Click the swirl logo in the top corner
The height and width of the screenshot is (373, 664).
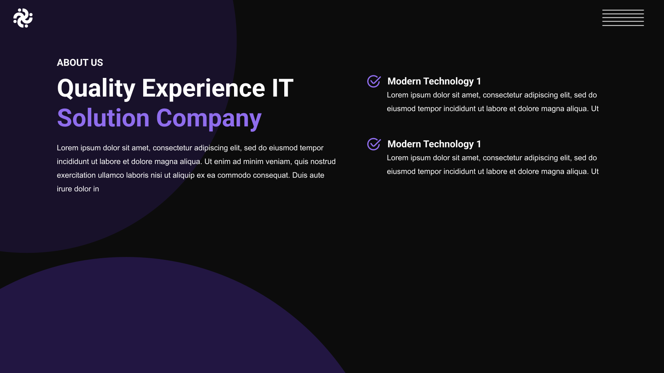(x=23, y=18)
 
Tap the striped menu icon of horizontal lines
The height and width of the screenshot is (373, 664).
(x=623, y=18)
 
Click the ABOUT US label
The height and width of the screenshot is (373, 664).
(x=80, y=63)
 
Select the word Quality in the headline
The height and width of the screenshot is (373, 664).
(x=96, y=88)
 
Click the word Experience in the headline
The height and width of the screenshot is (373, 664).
(x=203, y=88)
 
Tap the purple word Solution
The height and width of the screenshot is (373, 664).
(x=103, y=118)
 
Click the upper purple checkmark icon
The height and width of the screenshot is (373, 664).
(x=374, y=81)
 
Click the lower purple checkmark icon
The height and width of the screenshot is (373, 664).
(x=374, y=144)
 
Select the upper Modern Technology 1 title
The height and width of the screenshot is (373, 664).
(x=434, y=81)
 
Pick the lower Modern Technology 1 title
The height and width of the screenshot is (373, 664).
(x=434, y=144)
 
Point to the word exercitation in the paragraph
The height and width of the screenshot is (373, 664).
(x=76, y=175)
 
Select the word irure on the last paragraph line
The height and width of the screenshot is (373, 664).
(x=64, y=189)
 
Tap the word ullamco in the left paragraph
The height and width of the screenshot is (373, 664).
(x=111, y=175)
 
